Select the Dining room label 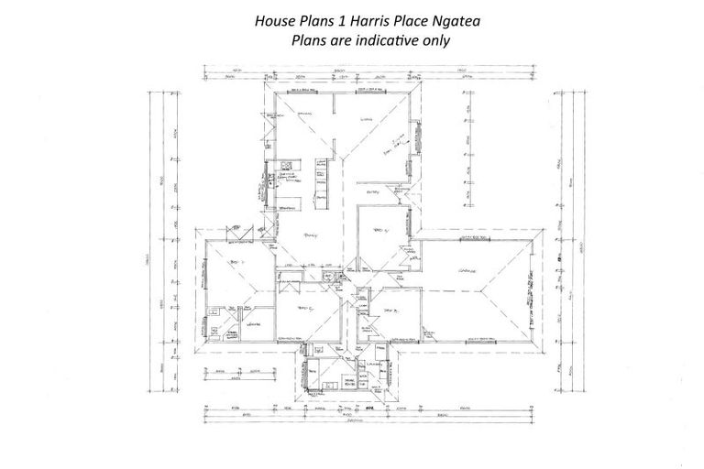tap(305, 115)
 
